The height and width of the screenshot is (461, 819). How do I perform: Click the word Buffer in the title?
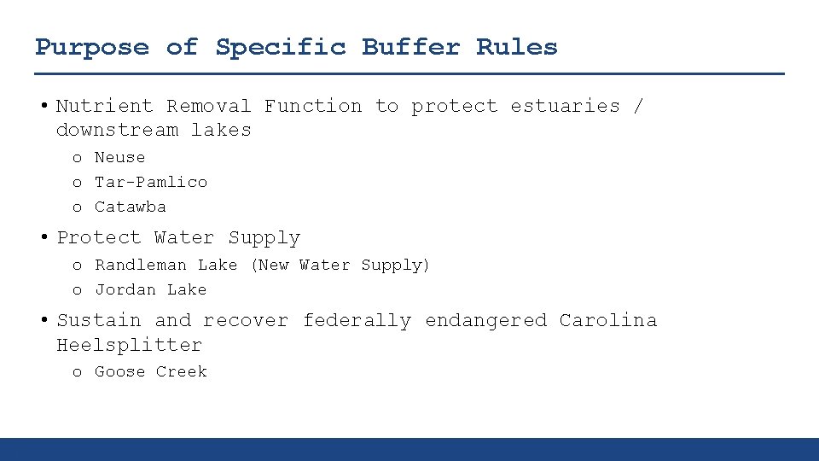[x=411, y=47]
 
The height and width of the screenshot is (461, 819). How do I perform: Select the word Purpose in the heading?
[x=91, y=48]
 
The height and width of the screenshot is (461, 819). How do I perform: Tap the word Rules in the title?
[x=516, y=47]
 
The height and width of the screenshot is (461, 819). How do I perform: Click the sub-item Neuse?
[x=119, y=158]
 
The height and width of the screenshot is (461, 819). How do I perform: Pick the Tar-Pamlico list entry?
[x=150, y=182]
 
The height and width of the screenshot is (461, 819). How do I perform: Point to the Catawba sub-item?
[x=130, y=207]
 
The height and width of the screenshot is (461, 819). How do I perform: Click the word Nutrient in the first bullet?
[x=104, y=106]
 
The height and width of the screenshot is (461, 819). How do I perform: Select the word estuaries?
[x=565, y=106]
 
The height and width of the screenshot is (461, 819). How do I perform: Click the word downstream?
[x=117, y=130]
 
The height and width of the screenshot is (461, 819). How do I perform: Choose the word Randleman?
[x=140, y=266]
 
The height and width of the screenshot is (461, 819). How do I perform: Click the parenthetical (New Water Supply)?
[x=340, y=266]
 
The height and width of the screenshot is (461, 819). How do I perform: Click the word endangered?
[x=485, y=321]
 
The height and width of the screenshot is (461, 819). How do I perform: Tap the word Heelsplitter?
[x=129, y=345]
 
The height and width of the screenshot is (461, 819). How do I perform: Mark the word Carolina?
[x=608, y=321]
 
